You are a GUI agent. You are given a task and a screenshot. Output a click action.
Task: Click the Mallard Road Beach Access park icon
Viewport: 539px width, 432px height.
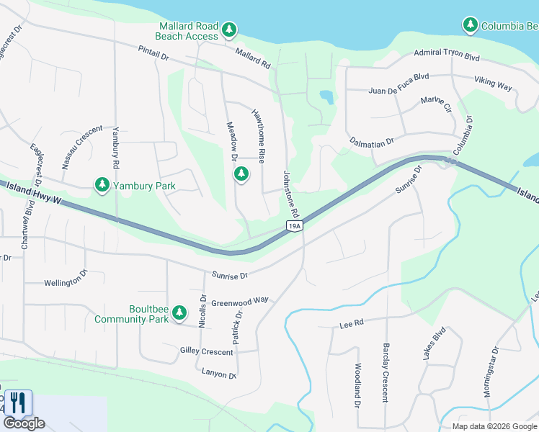229,30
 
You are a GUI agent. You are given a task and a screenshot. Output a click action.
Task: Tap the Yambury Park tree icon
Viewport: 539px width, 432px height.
102,186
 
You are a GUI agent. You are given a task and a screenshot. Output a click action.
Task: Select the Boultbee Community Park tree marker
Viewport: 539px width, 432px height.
179,313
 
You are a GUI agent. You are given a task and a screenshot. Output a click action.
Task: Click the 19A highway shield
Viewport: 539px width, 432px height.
294,226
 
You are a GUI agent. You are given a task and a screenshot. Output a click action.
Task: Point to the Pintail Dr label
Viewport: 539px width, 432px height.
153,53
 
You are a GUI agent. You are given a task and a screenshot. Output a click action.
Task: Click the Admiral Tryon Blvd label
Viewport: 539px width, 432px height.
447,55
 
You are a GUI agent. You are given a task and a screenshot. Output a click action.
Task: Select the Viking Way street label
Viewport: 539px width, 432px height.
493,84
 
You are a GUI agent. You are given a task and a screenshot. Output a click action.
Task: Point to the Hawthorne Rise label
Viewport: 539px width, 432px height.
262,135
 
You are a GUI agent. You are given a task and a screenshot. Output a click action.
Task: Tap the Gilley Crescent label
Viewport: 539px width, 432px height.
207,351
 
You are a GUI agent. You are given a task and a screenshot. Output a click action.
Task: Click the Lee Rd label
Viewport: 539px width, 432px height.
352,325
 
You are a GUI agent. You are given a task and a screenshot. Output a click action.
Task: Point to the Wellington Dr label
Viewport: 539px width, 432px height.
66,282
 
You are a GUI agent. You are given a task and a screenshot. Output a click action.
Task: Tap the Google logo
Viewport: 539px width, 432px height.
24,423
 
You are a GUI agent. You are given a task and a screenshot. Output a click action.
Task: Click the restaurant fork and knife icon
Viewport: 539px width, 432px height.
18,402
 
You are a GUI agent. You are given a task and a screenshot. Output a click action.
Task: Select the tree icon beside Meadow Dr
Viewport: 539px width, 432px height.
241,174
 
